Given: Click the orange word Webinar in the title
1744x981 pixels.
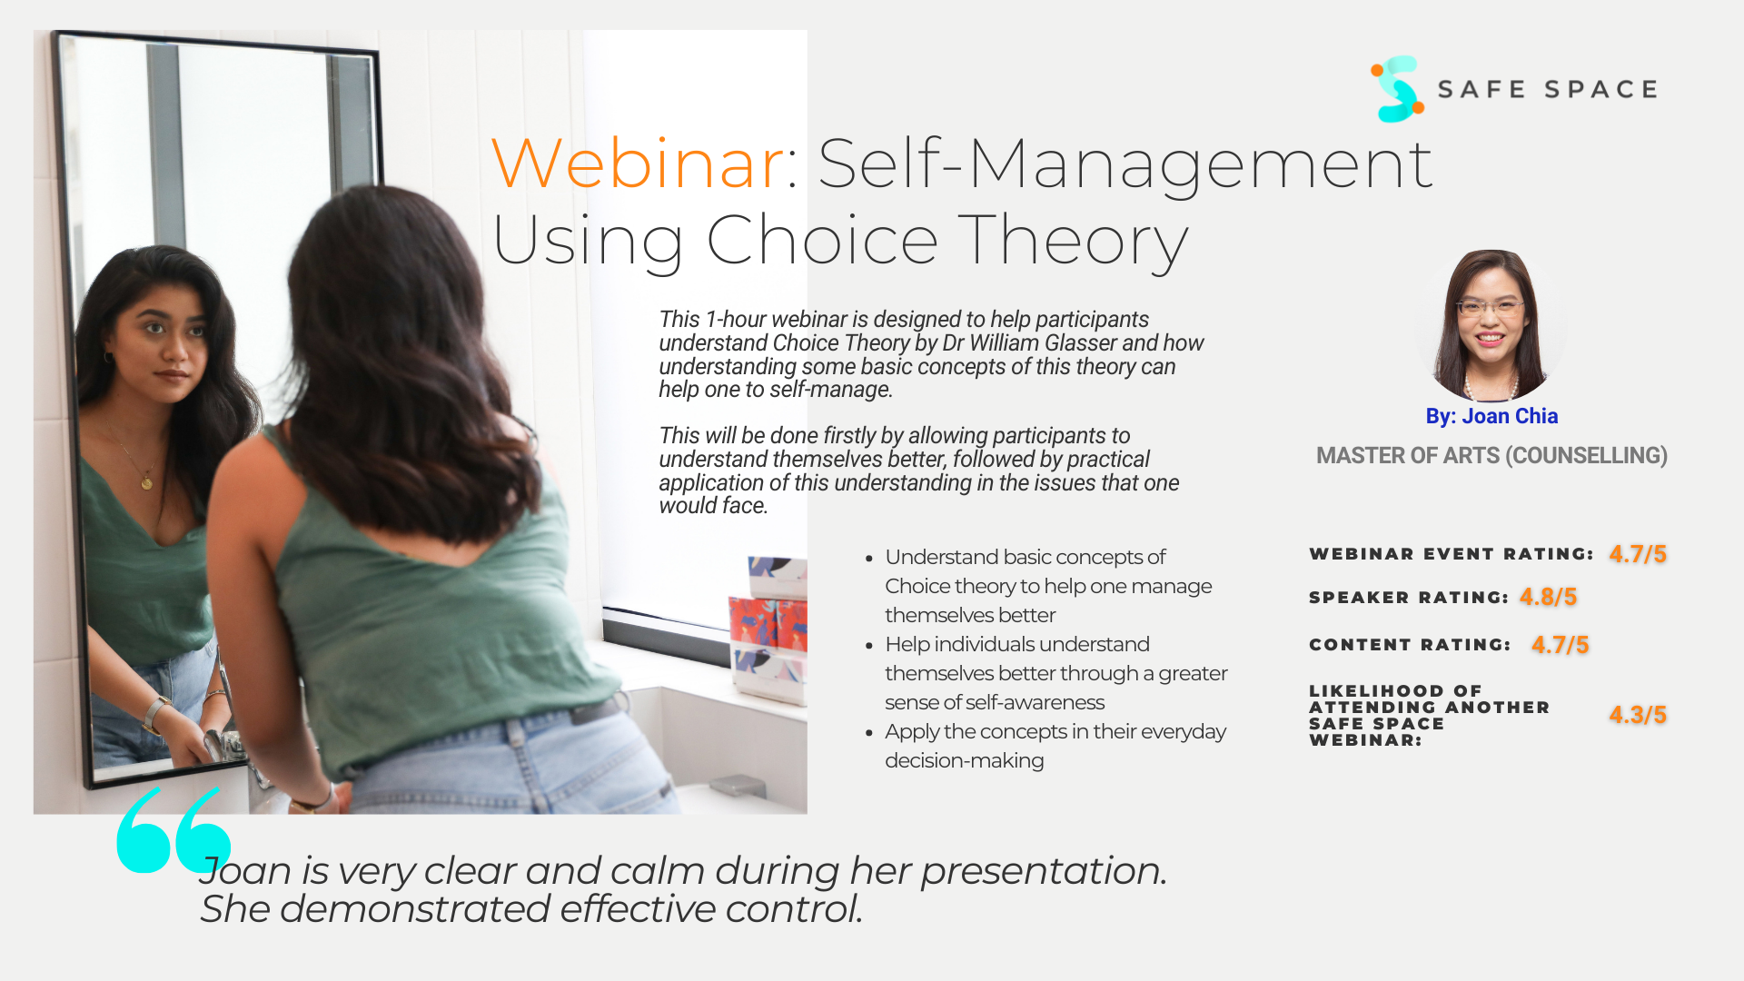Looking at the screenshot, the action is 638,163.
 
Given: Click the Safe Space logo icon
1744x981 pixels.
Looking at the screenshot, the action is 1397,89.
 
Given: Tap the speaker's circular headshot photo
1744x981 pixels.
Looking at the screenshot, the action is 1491,325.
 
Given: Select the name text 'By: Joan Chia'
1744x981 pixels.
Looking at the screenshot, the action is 1491,416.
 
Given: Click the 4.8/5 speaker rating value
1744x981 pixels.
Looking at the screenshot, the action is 1548,597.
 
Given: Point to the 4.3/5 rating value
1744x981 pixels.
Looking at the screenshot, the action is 1638,715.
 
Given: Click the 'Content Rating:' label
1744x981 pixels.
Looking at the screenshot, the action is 1410,645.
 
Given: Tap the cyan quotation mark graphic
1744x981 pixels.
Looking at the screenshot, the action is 173,830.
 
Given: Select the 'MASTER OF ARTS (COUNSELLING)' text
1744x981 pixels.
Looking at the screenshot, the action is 1491,455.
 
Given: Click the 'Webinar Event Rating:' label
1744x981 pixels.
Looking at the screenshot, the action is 1452,554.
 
